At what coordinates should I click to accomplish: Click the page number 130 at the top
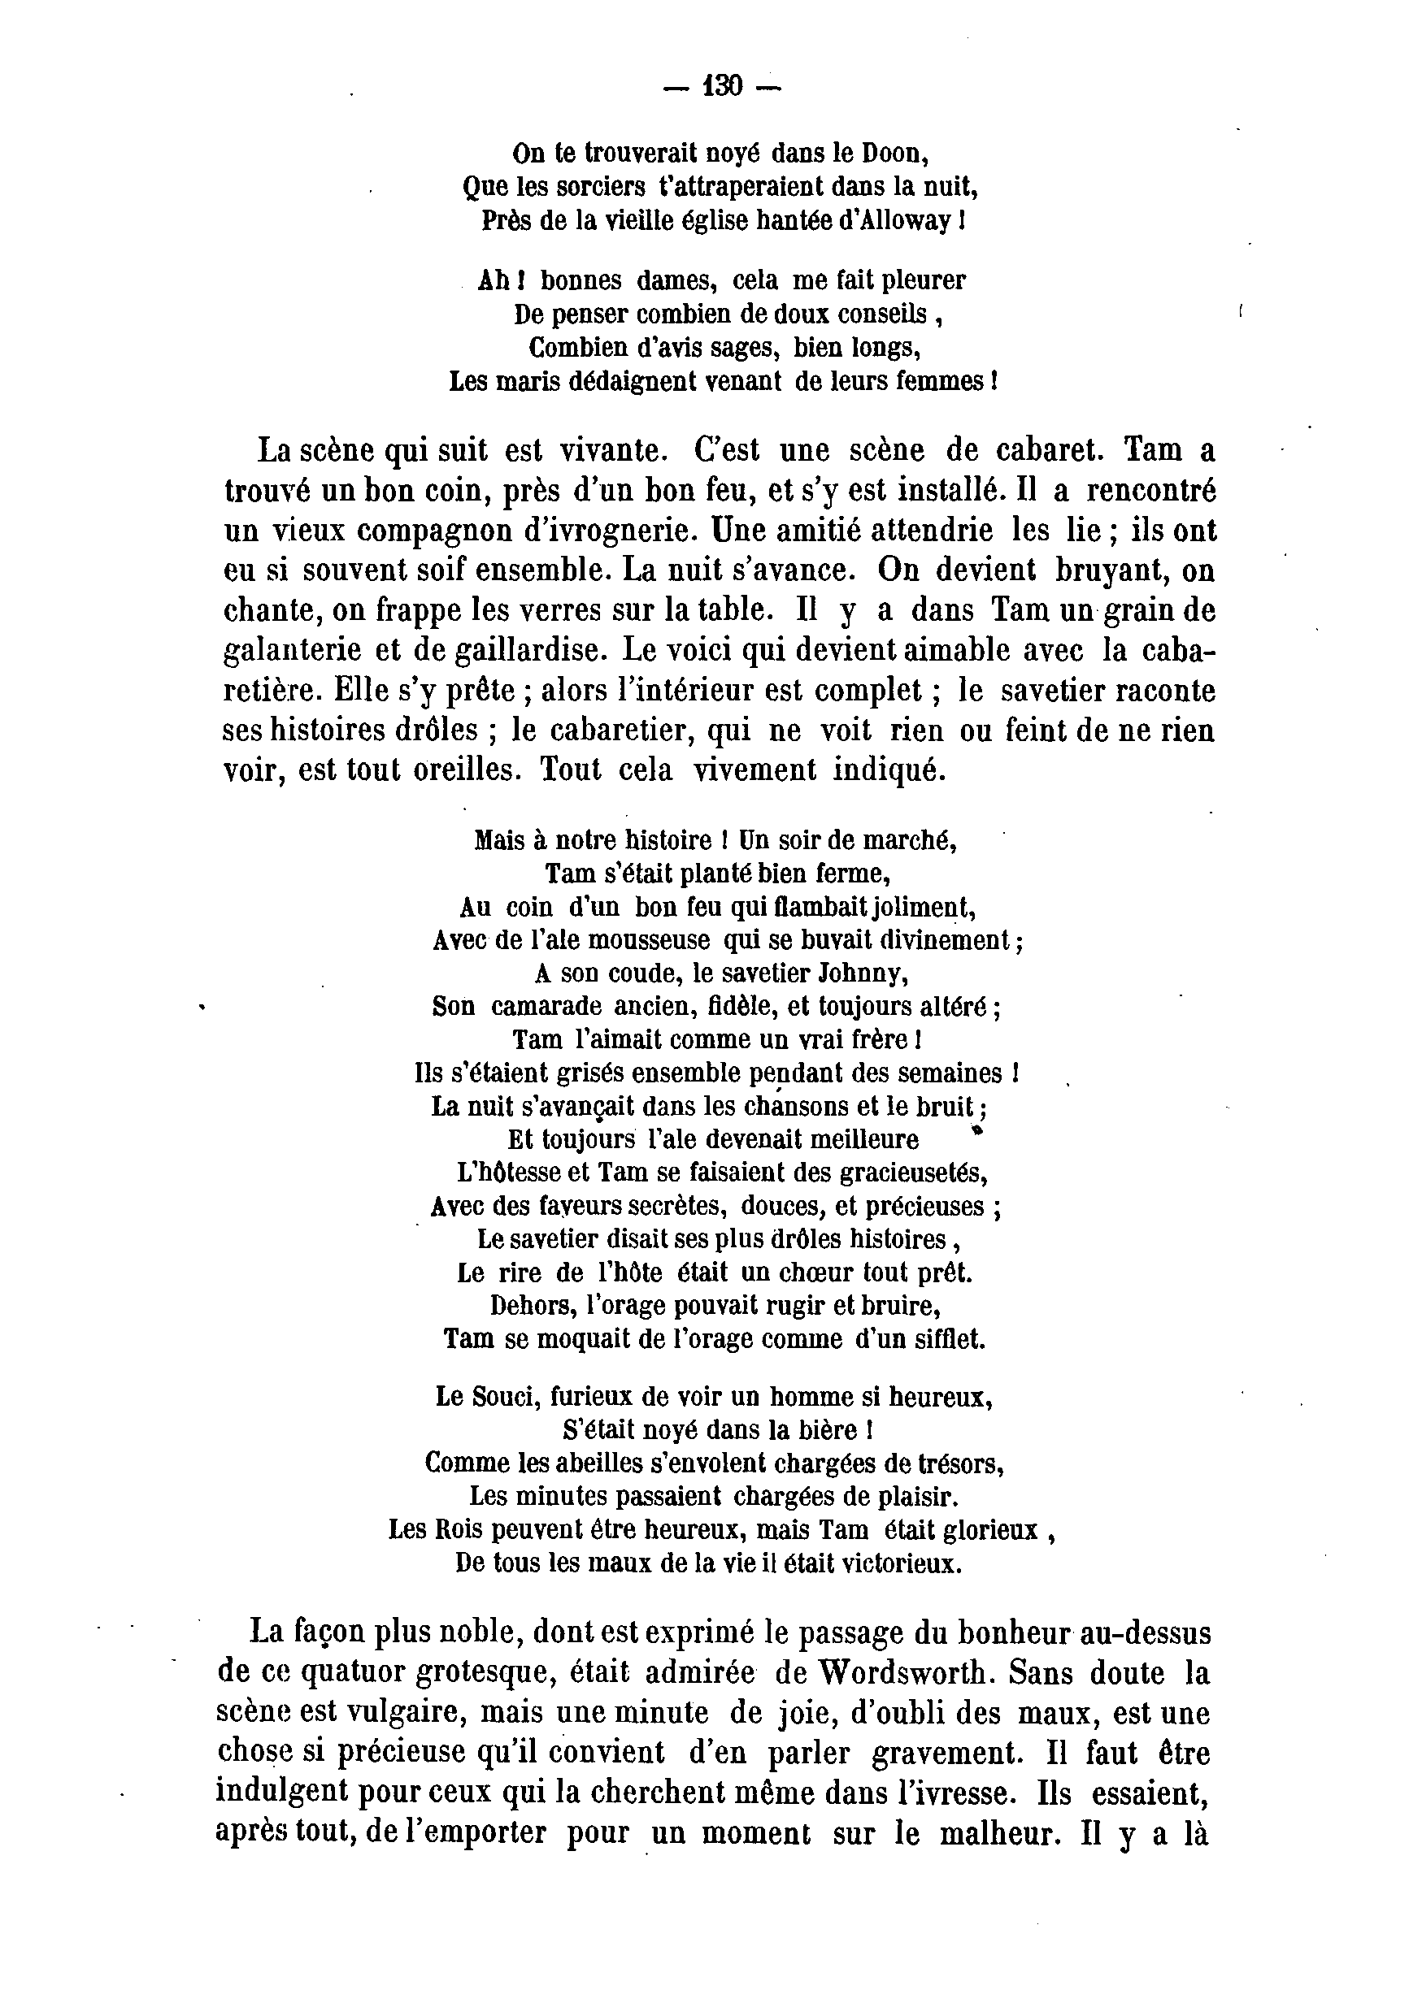723,86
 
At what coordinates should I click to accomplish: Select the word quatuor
353,1675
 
